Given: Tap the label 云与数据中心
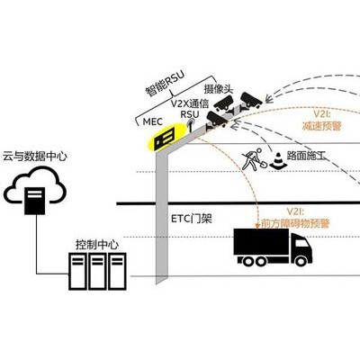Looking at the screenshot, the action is (35, 157).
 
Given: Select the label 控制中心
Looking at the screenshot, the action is (97, 245).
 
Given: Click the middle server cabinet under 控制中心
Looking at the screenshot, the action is (97, 271).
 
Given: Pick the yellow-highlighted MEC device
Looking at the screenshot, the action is (164, 139).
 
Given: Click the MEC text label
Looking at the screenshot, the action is (152, 121).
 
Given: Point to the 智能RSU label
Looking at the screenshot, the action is (165, 83).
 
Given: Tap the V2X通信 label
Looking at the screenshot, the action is (190, 103).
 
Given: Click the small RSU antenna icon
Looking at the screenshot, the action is (190, 125).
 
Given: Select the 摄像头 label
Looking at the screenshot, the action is (219, 89).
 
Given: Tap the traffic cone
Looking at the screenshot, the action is (278, 160).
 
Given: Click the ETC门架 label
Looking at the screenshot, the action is (192, 219).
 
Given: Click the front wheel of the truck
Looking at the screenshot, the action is (301, 261).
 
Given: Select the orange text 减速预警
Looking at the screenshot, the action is (321, 126).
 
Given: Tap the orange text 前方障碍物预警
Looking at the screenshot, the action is (295, 223).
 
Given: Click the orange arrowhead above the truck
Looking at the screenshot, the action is (257, 226).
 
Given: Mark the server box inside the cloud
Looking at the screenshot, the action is (35, 201).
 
